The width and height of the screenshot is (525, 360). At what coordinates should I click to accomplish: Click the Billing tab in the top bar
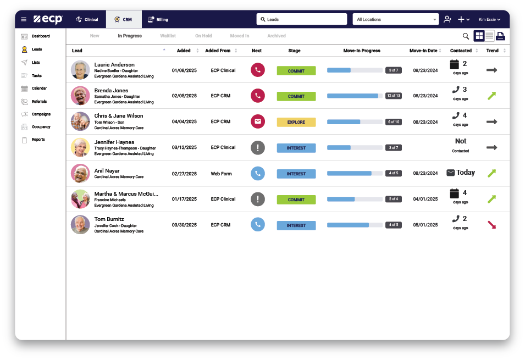click(158, 19)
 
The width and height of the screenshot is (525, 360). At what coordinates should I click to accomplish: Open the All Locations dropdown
click(396, 19)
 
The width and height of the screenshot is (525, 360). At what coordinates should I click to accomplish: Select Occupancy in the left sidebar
click(41, 127)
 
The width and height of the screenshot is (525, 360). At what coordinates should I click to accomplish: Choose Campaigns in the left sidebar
click(41, 114)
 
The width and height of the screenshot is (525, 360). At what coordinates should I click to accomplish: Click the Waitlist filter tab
click(168, 36)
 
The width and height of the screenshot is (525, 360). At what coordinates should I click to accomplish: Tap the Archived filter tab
click(277, 36)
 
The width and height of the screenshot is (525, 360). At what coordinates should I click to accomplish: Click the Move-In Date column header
click(423, 51)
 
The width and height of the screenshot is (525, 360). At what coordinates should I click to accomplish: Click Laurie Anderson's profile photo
click(80, 70)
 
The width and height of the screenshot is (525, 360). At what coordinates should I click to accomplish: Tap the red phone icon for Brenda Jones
click(257, 96)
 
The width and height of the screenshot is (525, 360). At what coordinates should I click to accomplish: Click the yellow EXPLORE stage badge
click(296, 122)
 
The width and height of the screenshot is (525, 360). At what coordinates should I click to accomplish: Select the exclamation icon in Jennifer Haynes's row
click(257, 147)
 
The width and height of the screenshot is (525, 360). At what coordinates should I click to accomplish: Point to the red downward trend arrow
click(491, 225)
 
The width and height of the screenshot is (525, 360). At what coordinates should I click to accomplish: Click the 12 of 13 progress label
click(394, 96)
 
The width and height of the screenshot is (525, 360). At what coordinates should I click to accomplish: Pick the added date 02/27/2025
click(184, 174)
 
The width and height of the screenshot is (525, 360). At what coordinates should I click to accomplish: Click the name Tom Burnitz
click(109, 219)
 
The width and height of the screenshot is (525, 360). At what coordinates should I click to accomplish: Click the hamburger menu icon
click(24, 19)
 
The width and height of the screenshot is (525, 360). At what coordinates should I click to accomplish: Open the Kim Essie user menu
click(489, 19)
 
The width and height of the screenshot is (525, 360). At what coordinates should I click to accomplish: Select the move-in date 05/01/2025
click(425, 225)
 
